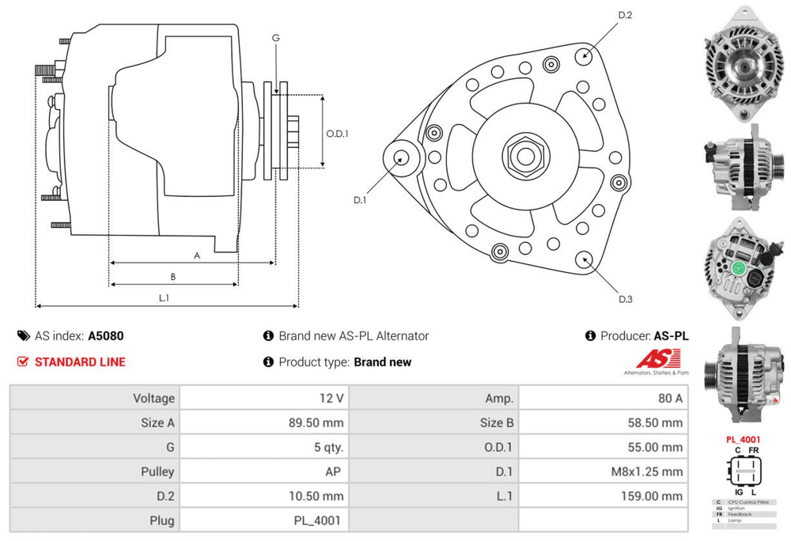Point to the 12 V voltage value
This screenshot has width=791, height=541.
tap(330, 398)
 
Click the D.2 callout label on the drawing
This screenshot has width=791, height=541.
tap(625, 15)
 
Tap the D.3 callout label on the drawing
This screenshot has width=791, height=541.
tap(625, 298)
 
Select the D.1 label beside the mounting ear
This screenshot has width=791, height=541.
tap(360, 199)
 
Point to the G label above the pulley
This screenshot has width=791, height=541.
tap(275, 38)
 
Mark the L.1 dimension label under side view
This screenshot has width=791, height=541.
tap(165, 297)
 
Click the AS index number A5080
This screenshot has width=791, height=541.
tap(105, 335)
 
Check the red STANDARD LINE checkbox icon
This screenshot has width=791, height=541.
tap(23, 362)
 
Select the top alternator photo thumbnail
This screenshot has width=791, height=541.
tap(742, 63)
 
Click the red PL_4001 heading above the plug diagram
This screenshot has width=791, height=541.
tap(743, 439)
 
